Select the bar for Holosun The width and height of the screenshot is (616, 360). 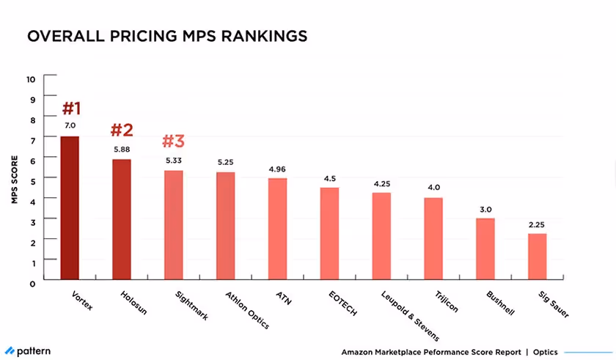121,219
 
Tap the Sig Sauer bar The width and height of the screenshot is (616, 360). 537,257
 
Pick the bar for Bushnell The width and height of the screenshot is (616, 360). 485,249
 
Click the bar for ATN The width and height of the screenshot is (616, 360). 277,229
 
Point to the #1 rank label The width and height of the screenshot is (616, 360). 71,109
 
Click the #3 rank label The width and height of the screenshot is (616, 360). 173,140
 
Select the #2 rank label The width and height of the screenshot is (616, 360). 122,131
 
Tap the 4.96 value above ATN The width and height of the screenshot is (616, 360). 277,169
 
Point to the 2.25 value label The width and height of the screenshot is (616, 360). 537,224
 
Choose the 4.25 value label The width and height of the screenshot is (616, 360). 381,183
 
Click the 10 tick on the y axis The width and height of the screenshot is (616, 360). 30,78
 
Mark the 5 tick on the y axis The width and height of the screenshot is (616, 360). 31,179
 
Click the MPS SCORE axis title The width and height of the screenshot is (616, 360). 14,179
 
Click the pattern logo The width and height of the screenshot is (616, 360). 28,351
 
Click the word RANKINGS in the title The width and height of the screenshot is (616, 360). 254,36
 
